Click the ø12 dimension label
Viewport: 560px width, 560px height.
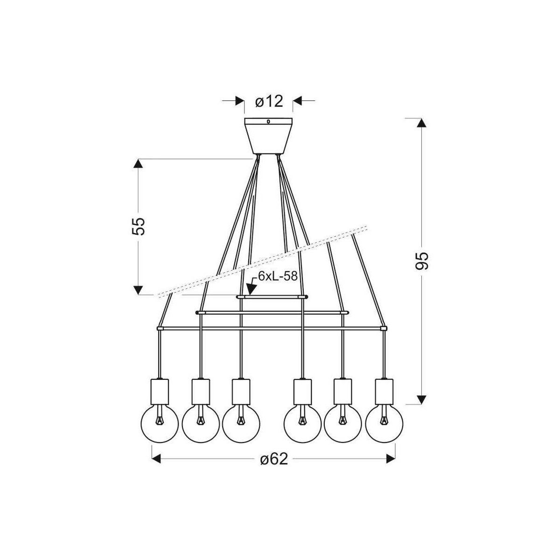click(x=269, y=102)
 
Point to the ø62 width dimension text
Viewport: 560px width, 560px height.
click(x=274, y=460)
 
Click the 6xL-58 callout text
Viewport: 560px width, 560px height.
click(x=278, y=276)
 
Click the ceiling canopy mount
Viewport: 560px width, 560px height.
click(x=268, y=136)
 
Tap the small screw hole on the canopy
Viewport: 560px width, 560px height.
click(x=268, y=122)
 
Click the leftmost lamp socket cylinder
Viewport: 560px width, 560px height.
click(x=160, y=392)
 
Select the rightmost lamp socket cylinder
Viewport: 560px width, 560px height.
click(x=384, y=392)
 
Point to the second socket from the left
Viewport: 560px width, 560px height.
click(x=201, y=392)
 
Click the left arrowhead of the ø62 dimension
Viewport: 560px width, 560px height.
click(x=156, y=459)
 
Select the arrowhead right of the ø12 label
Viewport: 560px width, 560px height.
click(x=297, y=101)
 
